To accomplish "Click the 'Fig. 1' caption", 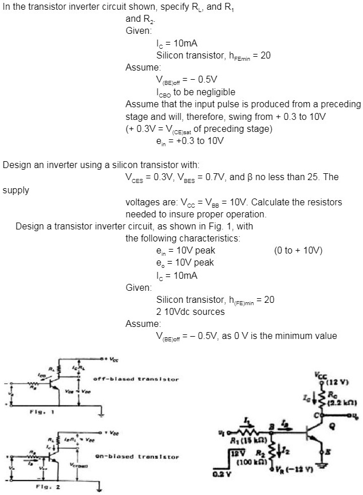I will [x=22, y=411].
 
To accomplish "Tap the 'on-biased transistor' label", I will [x=136, y=457].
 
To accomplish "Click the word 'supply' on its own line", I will [x=16, y=190].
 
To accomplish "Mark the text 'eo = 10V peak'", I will [x=184, y=263].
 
